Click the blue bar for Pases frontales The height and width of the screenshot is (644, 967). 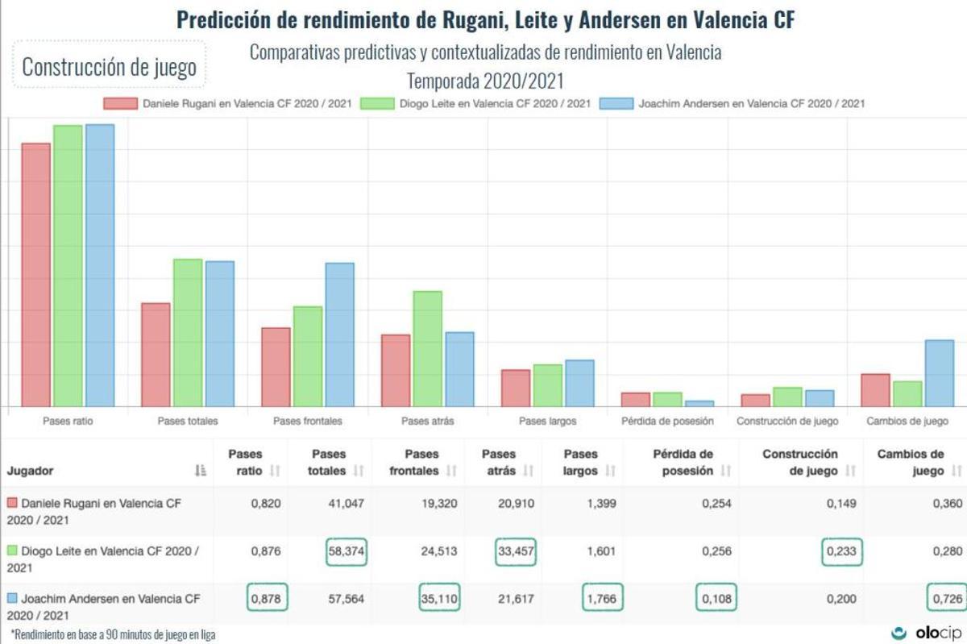pyautogui.click(x=339, y=334)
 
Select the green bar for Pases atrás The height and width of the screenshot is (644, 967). pyautogui.click(x=427, y=348)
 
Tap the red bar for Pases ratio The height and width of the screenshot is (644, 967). pyautogui.click(x=35, y=275)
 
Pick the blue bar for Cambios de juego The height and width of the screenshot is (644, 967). pyautogui.click(x=939, y=373)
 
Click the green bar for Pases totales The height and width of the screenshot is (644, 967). pyautogui.click(x=187, y=332)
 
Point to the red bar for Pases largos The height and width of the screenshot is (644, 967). pyautogui.click(x=516, y=388)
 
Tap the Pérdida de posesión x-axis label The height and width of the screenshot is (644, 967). pyautogui.click(x=667, y=421)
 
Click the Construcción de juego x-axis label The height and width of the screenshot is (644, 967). pyautogui.click(x=787, y=421)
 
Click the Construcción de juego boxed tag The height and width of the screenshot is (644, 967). pyautogui.click(x=110, y=67)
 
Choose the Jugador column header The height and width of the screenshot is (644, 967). pyautogui.click(x=31, y=471)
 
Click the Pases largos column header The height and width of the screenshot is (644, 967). pyautogui.click(x=581, y=463)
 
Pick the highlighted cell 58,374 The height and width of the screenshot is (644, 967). pyautogui.click(x=346, y=552)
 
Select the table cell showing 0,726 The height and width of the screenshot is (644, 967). pyautogui.click(x=946, y=599)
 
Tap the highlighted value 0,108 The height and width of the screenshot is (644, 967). pyautogui.click(x=716, y=599)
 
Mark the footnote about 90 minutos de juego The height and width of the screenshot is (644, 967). pyautogui.click(x=113, y=634)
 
